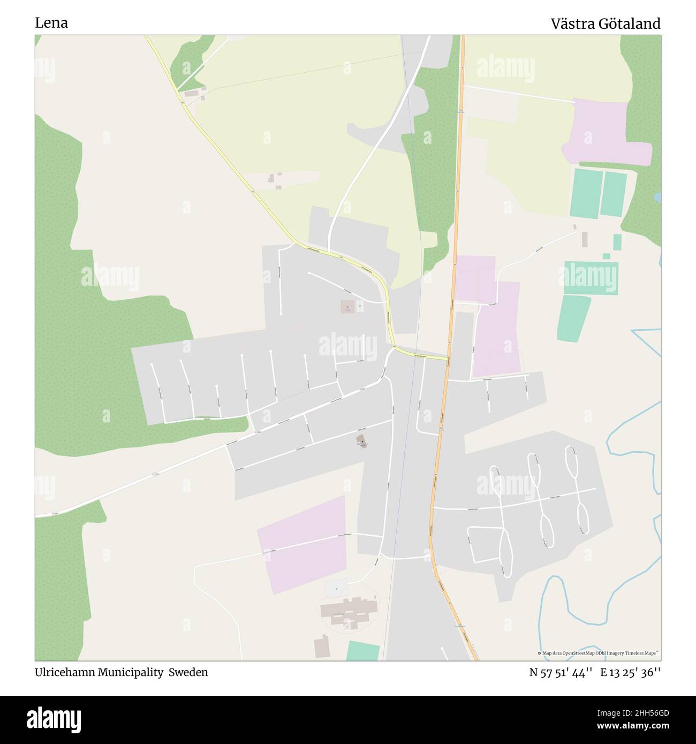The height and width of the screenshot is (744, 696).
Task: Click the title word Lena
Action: [x=51, y=23]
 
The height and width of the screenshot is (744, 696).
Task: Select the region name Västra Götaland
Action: [x=606, y=24]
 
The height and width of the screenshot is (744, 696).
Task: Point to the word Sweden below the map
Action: [x=188, y=672]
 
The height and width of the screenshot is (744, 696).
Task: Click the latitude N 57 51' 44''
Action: [x=561, y=672]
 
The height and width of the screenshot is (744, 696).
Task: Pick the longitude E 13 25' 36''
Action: [x=630, y=672]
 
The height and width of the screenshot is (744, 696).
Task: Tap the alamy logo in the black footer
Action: [x=54, y=719]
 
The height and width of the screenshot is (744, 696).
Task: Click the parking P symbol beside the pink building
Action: [x=360, y=307]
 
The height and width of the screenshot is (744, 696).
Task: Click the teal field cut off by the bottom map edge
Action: [x=363, y=651]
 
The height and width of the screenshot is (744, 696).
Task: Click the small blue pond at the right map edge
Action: [x=657, y=198]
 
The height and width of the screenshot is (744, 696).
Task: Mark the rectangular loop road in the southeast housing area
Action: [x=484, y=545]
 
